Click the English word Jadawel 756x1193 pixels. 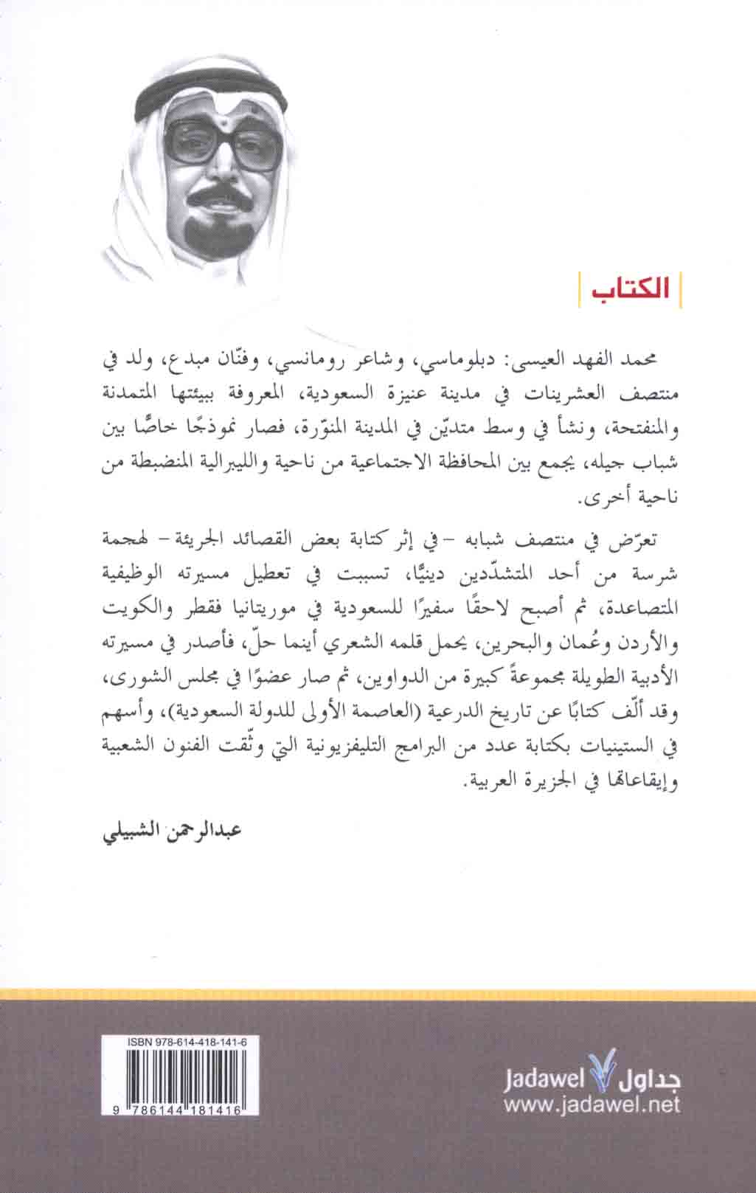tap(544, 1082)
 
